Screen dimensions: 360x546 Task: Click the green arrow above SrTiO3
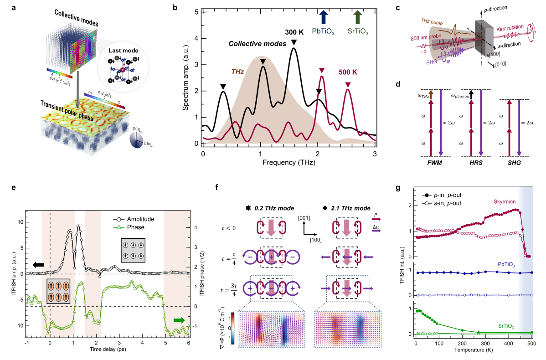click(x=358, y=17)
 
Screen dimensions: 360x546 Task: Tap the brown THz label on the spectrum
click(x=237, y=72)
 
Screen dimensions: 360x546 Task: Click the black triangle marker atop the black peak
click(x=263, y=62)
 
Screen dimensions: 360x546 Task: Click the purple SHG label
click(x=431, y=62)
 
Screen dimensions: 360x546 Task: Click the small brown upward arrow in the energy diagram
click(x=431, y=95)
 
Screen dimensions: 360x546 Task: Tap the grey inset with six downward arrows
click(x=133, y=250)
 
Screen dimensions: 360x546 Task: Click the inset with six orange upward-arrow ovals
click(x=59, y=291)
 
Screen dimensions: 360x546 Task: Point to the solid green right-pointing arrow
click(x=179, y=320)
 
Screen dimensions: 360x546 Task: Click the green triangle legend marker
click(x=118, y=226)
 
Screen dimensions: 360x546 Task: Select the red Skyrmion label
click(x=505, y=201)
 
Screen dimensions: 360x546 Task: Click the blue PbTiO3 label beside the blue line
click(x=506, y=264)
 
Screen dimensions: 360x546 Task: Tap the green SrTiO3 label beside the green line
click(x=506, y=326)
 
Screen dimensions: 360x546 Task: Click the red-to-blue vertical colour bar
click(x=233, y=328)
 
